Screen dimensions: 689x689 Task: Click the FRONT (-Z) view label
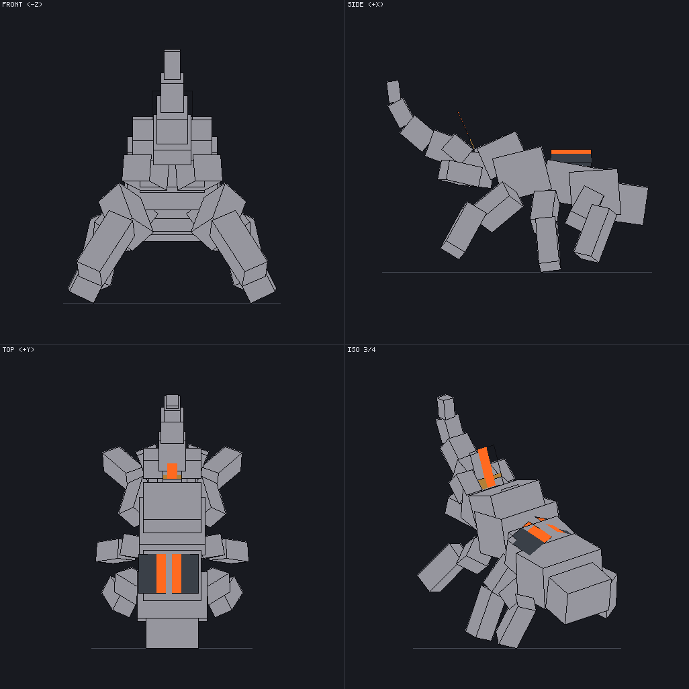(x=22, y=5)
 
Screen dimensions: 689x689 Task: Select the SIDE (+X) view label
(x=365, y=5)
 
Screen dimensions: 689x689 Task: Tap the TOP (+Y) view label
(x=18, y=349)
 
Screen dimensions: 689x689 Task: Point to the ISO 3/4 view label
(x=361, y=349)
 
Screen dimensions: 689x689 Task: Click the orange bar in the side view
(x=571, y=152)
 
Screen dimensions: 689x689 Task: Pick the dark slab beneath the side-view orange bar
(x=571, y=158)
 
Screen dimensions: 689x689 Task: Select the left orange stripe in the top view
(x=161, y=573)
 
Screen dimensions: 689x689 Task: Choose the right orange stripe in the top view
(x=177, y=573)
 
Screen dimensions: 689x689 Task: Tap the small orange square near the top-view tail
(x=172, y=471)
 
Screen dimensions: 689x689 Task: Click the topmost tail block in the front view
(x=172, y=64)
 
